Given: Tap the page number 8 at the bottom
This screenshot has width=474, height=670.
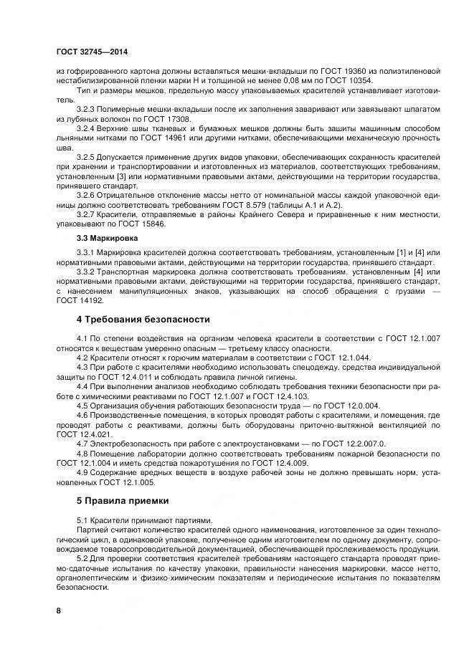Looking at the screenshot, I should click(59, 611).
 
